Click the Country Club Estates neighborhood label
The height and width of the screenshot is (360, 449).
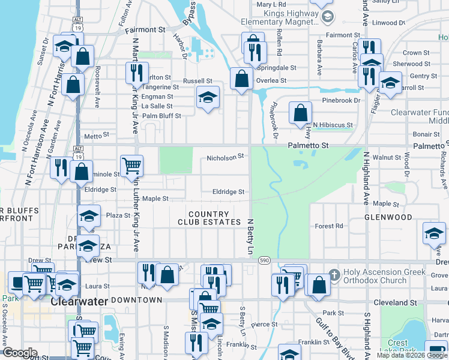pos(208,218)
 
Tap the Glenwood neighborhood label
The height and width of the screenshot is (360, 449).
pos(388,217)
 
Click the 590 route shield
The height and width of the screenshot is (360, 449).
pos(264,261)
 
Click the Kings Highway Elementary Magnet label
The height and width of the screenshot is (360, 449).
pos(279,17)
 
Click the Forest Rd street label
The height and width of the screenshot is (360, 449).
pos(329,226)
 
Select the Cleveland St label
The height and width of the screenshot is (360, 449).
pos(396,303)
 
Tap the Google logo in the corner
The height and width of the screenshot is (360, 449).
pos(19,353)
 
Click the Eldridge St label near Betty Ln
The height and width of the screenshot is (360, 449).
pos(228,192)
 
